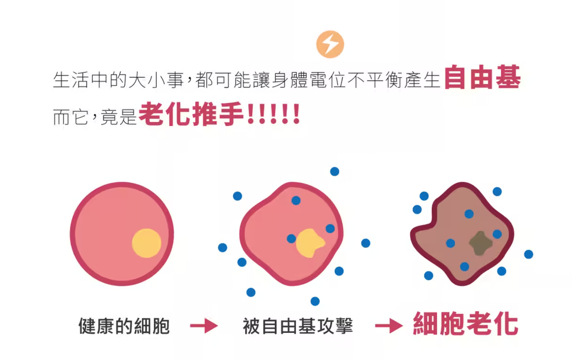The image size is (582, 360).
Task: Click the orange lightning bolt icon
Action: [330, 44]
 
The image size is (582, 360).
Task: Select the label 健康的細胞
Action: [124, 326]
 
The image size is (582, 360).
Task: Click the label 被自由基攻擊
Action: [298, 326]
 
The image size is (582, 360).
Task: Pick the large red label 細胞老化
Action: [465, 324]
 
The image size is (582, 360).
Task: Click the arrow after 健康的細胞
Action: [204, 326]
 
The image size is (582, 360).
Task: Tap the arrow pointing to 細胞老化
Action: [388, 326]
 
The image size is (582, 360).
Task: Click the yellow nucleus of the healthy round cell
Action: [146, 243]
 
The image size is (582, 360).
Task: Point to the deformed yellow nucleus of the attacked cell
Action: [309, 243]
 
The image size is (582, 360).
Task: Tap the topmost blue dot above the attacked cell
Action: [334, 171]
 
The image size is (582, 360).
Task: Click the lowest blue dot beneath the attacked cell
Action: [315, 301]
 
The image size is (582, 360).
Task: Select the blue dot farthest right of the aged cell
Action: [528, 254]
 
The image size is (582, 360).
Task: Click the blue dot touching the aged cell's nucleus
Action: [497, 234]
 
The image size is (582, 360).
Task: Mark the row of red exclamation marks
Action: [273, 115]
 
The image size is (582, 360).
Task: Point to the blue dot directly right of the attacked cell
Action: [365, 243]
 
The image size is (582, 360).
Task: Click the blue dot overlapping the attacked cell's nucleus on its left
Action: [291, 239]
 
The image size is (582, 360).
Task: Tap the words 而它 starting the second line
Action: [70, 117]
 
